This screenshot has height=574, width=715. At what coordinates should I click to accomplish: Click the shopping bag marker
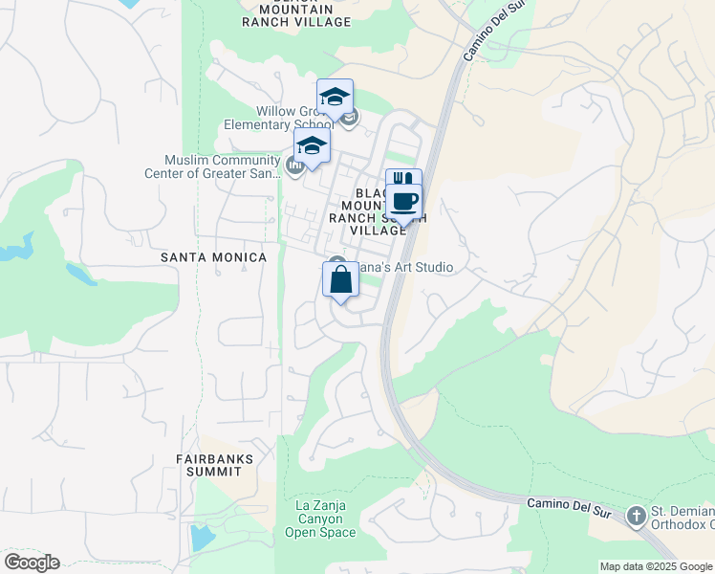pyautogui.click(x=340, y=281)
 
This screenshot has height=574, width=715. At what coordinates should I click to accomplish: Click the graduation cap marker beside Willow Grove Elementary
pyautogui.click(x=335, y=98)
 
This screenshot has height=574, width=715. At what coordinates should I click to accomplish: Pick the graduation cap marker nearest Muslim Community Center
pyautogui.click(x=312, y=147)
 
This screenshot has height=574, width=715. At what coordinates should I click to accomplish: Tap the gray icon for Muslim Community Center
pyautogui.click(x=294, y=166)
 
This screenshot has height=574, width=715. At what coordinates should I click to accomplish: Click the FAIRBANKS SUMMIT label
pyautogui.click(x=215, y=465)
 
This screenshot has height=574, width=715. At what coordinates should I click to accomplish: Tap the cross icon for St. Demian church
pyautogui.click(x=636, y=517)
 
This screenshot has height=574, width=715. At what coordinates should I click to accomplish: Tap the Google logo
pyautogui.click(x=32, y=563)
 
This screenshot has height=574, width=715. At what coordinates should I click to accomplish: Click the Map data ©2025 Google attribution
pyautogui.click(x=655, y=566)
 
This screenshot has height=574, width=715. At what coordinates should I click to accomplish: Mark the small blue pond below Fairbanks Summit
pyautogui.click(x=204, y=537)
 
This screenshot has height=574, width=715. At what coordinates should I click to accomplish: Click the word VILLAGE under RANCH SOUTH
pyautogui.click(x=379, y=231)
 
